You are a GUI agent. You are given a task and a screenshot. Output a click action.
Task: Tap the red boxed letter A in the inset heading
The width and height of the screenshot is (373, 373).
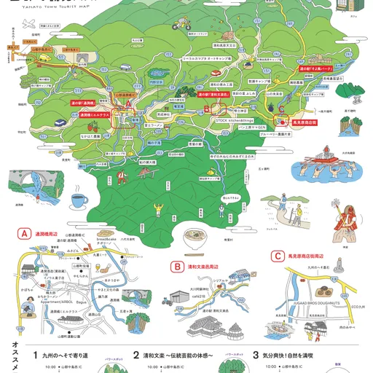(24, 235)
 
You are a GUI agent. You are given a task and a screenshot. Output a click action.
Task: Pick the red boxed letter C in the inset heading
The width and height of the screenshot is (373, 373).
(278, 256)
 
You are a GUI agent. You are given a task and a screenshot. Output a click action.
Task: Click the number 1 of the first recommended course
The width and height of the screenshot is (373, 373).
(35, 355)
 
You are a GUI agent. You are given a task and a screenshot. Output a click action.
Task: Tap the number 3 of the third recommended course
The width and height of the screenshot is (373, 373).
(256, 355)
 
